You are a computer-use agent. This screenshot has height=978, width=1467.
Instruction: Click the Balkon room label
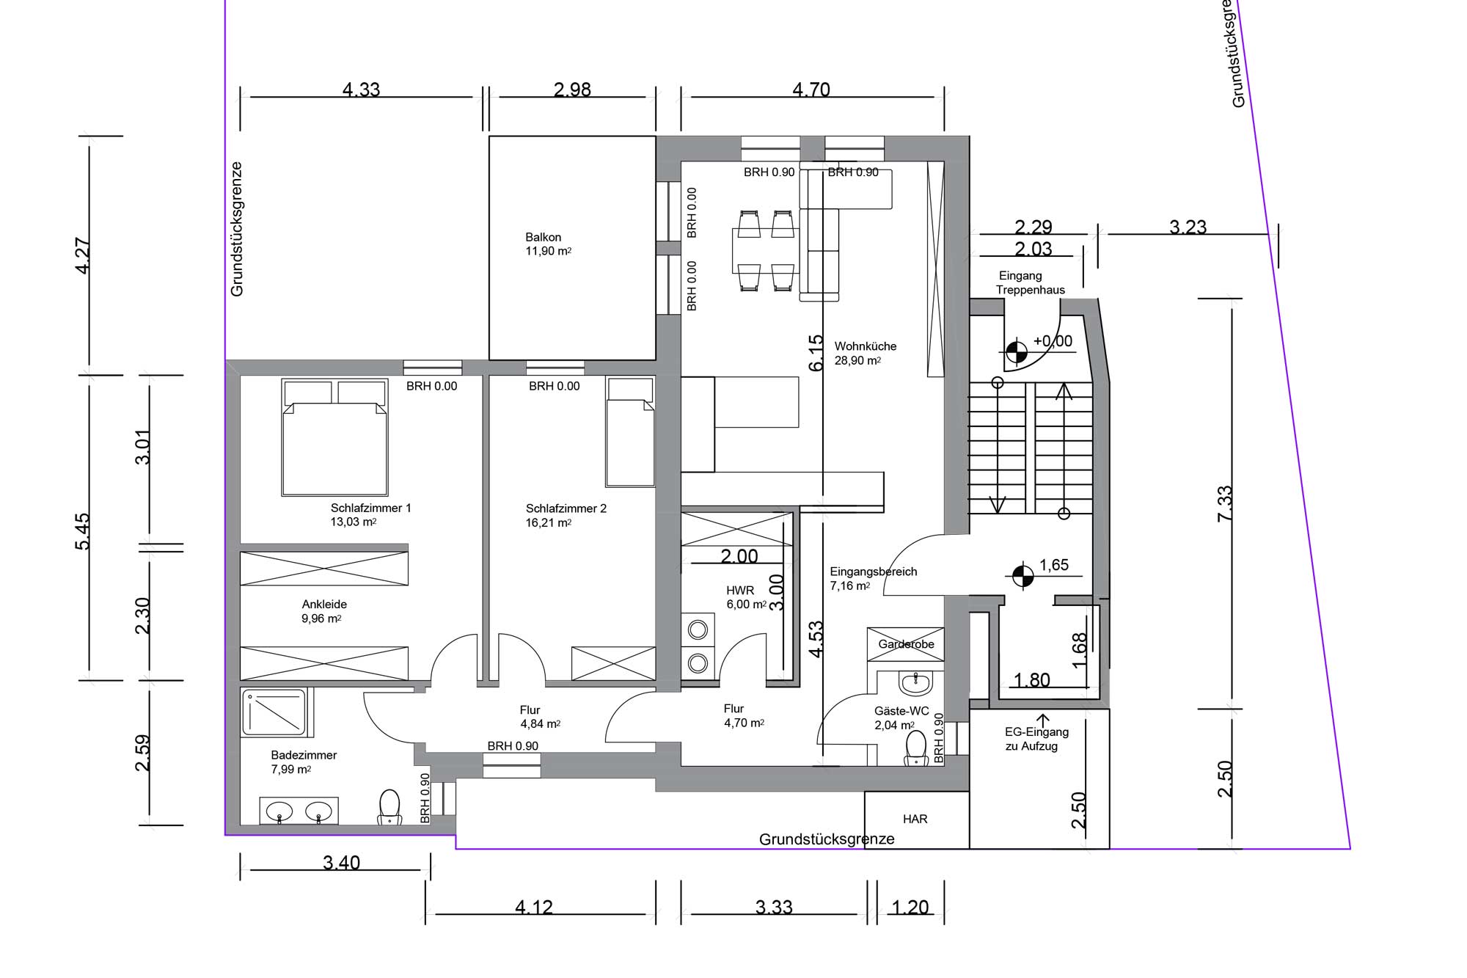(x=544, y=237)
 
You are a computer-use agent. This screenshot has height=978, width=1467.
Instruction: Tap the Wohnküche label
(x=866, y=346)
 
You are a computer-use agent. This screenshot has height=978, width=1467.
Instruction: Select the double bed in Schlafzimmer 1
(x=334, y=437)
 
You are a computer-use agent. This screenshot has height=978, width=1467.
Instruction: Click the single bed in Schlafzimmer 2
(x=630, y=432)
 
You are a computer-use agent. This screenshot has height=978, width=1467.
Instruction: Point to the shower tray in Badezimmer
(x=274, y=712)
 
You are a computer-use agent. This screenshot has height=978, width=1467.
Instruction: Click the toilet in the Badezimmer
(x=389, y=806)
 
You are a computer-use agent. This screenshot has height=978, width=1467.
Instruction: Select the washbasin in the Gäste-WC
(x=915, y=684)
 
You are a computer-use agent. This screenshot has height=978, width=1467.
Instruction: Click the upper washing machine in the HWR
(x=698, y=630)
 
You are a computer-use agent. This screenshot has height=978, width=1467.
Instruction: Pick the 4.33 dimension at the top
(x=362, y=90)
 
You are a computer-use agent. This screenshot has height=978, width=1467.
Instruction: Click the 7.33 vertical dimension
(x=1225, y=504)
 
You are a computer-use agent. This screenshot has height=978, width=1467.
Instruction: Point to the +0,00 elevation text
(x=1053, y=341)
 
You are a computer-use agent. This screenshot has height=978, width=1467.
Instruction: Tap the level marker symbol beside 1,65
(x=1022, y=577)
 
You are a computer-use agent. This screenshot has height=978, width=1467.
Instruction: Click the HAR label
(x=915, y=819)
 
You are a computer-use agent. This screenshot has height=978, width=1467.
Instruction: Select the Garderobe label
(x=907, y=644)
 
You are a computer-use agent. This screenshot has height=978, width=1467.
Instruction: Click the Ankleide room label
(x=324, y=605)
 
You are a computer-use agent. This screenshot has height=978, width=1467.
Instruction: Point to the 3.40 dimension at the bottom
(x=342, y=863)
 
